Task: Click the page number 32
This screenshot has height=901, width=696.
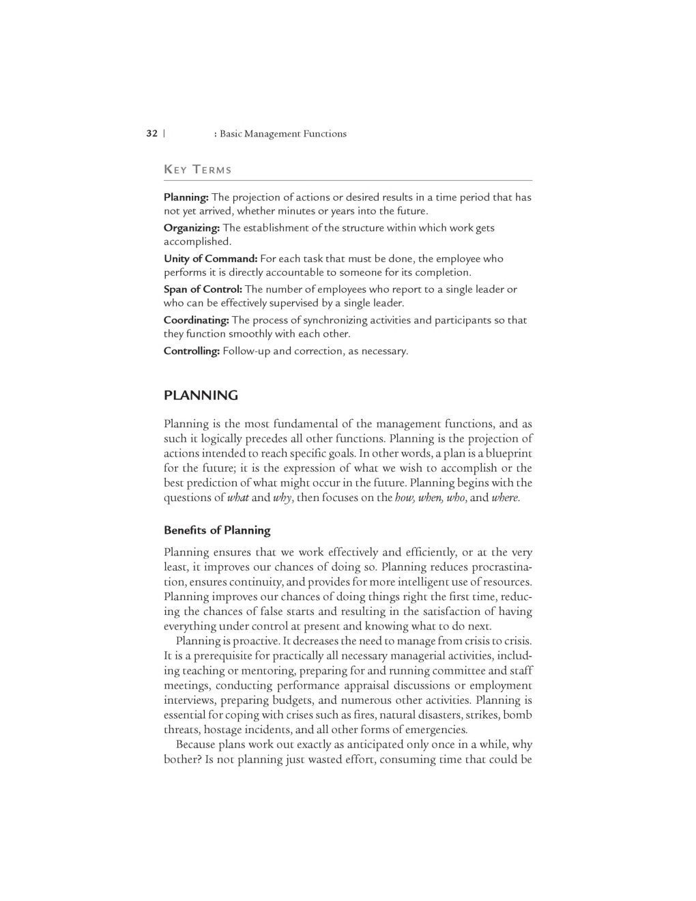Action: [x=151, y=134]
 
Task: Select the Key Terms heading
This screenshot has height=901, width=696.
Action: [x=198, y=169]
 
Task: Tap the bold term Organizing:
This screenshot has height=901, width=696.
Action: [x=192, y=228]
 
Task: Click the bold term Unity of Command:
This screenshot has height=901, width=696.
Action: [x=210, y=259]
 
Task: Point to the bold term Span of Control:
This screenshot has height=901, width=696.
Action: [x=203, y=289]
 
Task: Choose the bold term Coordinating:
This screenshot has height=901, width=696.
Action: [x=197, y=320]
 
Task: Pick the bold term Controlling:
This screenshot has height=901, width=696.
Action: [x=192, y=351]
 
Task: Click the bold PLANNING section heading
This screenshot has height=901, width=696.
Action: [x=201, y=395]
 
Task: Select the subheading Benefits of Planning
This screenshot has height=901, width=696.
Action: [x=217, y=530]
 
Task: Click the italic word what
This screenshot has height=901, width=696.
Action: [x=237, y=498]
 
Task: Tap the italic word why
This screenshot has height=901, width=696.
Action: [x=282, y=498]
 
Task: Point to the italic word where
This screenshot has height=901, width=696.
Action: [x=505, y=498]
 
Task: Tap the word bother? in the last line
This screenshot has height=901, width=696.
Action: [x=182, y=759]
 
